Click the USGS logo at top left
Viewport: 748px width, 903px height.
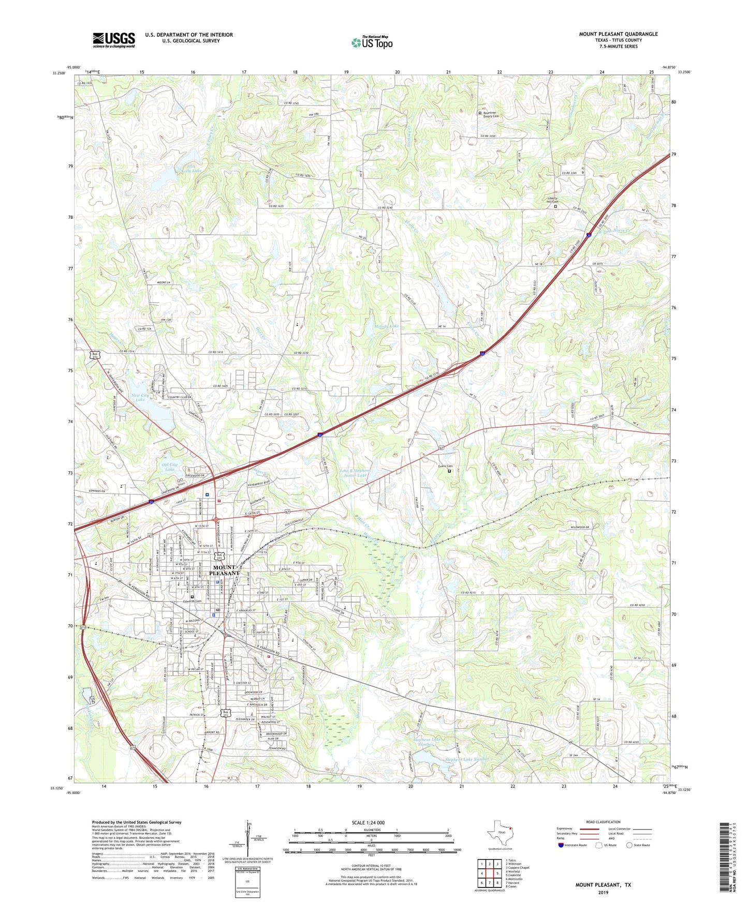113,40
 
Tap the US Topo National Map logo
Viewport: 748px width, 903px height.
372,42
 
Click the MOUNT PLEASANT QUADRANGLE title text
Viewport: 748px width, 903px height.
618,34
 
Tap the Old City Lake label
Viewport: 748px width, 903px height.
170,467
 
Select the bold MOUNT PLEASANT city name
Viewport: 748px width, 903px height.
225,570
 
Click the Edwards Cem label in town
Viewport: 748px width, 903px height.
191,601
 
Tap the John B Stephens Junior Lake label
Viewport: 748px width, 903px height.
353,473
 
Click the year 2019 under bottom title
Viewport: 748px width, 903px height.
603,893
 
